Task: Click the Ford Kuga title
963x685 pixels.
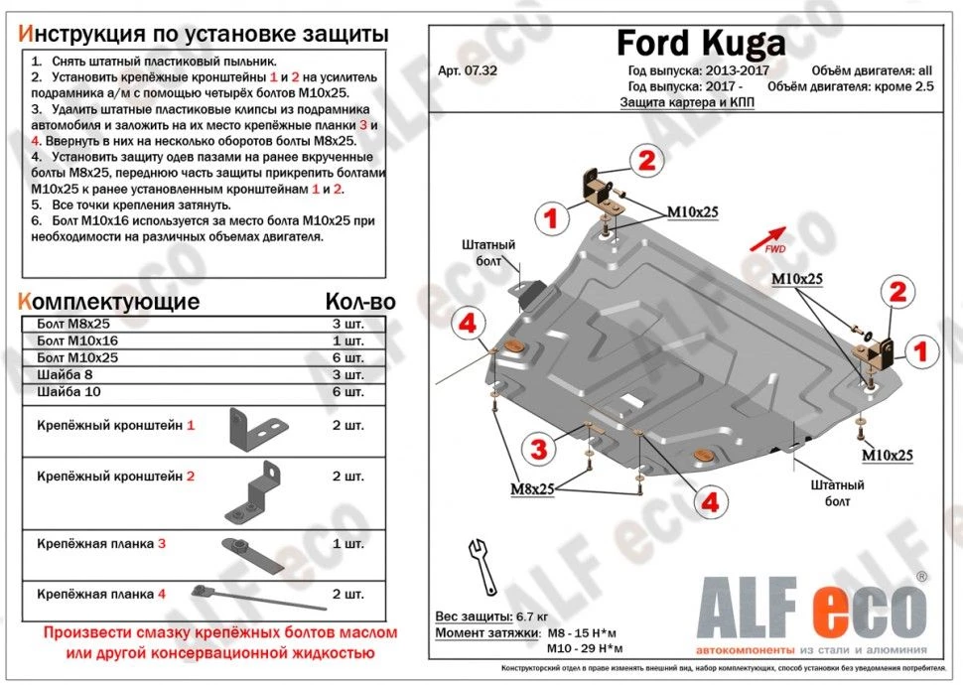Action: pos(700,42)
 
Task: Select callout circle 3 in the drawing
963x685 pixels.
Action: pos(538,449)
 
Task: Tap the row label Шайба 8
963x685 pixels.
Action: pos(61,374)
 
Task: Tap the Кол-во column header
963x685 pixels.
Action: pos(359,302)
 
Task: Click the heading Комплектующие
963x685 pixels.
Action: pos(109,302)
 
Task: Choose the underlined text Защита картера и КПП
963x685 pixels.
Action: pos(687,103)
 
